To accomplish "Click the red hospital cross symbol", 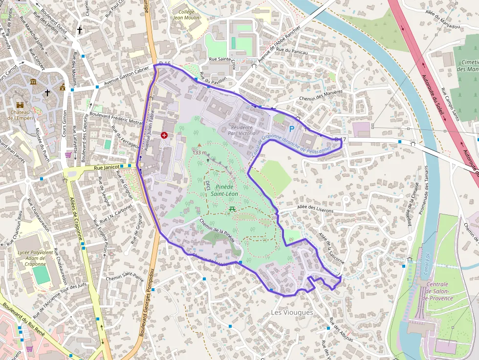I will tap(164, 135).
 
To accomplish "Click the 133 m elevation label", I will tap(200, 152).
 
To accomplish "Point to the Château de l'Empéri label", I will tap(20, 115).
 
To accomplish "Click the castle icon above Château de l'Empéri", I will tap(20, 105).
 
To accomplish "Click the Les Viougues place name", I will tap(292, 312).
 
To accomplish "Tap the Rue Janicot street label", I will tap(107, 167).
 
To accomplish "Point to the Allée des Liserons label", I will tap(315, 210).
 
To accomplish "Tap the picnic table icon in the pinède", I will tap(232, 209).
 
